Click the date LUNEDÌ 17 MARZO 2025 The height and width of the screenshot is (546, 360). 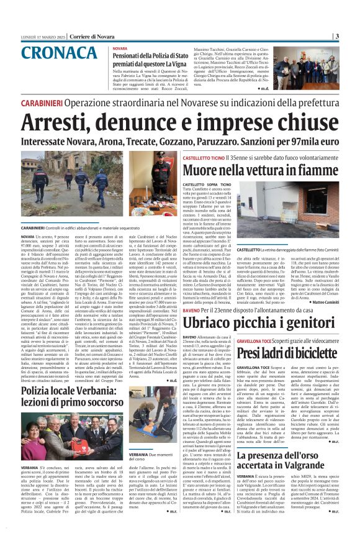[x=42, y=37]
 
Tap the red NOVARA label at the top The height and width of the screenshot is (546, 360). [x=120, y=48]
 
